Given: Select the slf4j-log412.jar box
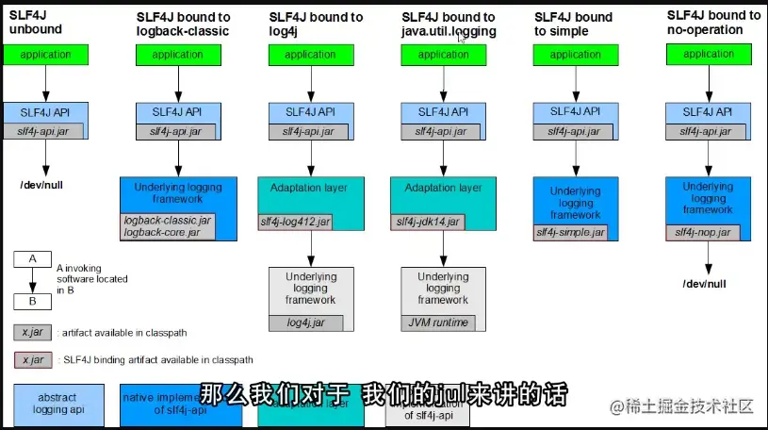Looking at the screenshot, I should (x=295, y=223).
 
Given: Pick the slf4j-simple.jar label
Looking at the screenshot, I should (x=570, y=231).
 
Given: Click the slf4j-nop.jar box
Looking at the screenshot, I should (x=702, y=232).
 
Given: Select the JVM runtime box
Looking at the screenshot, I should (x=436, y=322).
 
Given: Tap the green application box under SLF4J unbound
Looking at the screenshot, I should (x=44, y=55).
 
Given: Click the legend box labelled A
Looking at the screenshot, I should (x=32, y=257).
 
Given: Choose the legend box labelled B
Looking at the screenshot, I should (x=32, y=302).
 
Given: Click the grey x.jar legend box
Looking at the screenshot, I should (x=32, y=332).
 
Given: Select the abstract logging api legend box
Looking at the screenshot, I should (x=57, y=405).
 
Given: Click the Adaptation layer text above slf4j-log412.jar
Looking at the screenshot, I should (x=310, y=188).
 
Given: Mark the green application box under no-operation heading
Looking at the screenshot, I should (x=708, y=55).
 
